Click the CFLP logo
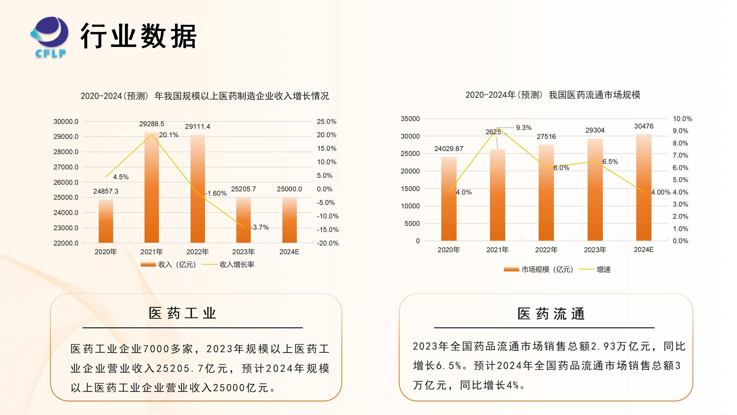(50, 37)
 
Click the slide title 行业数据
(138, 36)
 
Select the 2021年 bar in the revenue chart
(152, 187)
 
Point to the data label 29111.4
(197, 127)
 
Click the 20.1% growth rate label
(169, 135)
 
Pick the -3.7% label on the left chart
(260, 227)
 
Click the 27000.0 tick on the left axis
(66, 167)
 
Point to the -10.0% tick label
(328, 216)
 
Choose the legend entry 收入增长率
(237, 265)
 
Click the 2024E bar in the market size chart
(644, 187)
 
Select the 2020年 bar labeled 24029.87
(449, 199)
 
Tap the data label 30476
(644, 126)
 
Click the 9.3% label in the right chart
(524, 128)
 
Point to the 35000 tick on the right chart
(410, 119)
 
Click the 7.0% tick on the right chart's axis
(680, 155)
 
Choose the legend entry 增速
(603, 269)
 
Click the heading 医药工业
(183, 313)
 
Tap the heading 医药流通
(551, 314)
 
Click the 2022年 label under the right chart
(546, 250)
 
